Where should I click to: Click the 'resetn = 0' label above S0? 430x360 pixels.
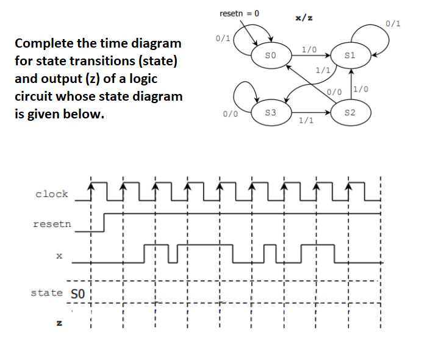pos(238,13)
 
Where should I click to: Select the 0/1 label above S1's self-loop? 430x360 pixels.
pos(394,24)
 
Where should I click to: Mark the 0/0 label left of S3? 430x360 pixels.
pos(230,113)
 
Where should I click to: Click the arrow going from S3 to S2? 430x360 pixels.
pos(311,113)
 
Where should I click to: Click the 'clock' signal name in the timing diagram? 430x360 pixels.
pos(52,194)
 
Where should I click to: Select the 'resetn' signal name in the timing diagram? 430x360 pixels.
pos(52,224)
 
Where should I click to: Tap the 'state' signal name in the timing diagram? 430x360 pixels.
pos(46,293)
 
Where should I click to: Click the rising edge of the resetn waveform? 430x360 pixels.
pos(105,223)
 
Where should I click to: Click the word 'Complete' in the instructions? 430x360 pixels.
pos(45,43)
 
